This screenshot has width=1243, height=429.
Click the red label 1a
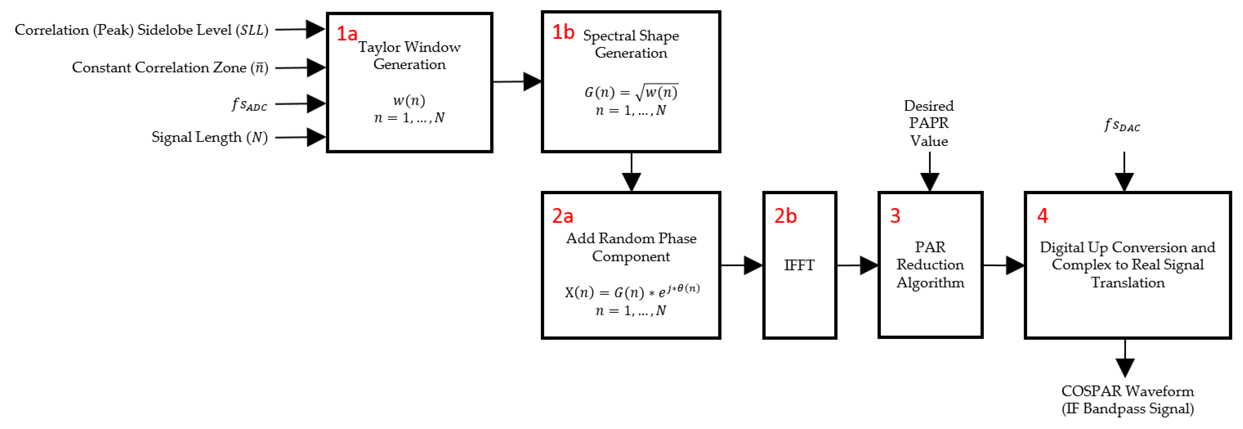coord(347,34)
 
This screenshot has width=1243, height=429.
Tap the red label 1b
coord(563,32)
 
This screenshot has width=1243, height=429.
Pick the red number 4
coord(1042,216)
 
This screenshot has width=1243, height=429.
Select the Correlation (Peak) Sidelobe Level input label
coord(141,30)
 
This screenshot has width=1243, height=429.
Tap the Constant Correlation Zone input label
coord(170,67)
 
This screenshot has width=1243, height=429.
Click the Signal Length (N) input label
coord(209,137)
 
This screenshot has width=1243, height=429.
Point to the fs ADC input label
coord(249,104)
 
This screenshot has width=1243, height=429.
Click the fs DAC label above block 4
coord(1122,125)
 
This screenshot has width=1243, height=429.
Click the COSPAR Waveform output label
coord(1127,400)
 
